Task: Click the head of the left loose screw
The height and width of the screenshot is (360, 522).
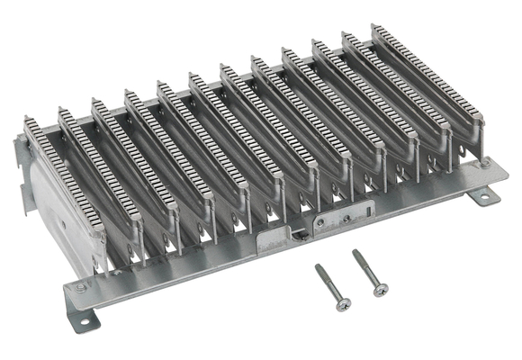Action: (x=342, y=304)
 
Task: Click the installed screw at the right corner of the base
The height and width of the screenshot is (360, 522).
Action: (x=485, y=165)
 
